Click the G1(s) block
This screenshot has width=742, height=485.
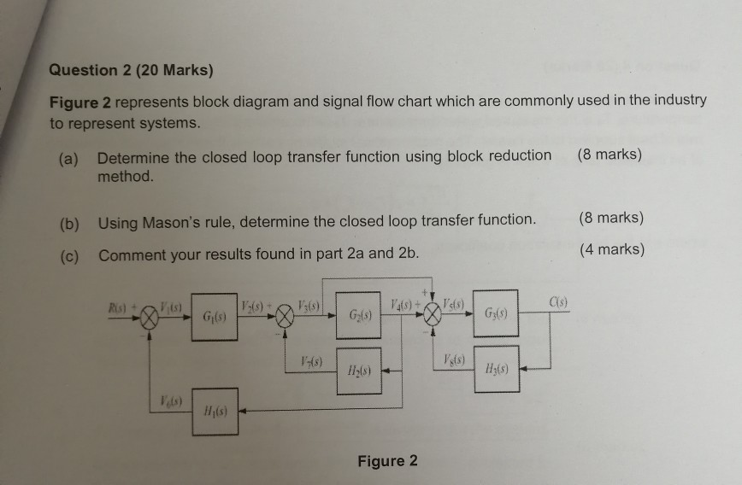[214, 318]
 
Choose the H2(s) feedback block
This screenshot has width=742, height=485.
[358, 371]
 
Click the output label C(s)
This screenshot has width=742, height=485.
[556, 301]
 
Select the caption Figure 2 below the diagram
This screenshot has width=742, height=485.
[388, 461]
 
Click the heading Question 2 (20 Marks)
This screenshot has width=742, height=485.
[131, 70]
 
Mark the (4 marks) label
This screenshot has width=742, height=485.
[611, 249]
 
